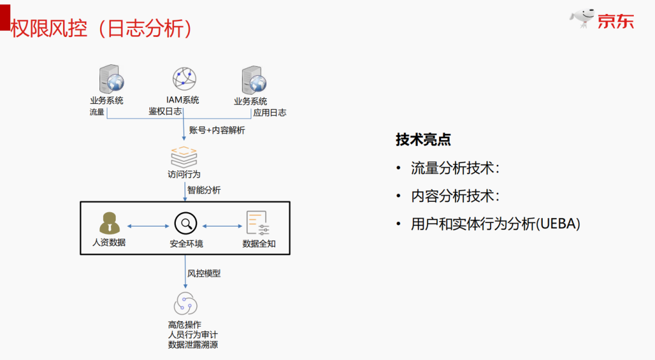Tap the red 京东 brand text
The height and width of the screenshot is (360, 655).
(x=616, y=22)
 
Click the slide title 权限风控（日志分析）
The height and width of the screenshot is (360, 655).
(x=102, y=28)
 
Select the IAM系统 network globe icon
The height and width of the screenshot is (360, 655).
(x=185, y=79)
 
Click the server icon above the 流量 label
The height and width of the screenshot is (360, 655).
(x=111, y=80)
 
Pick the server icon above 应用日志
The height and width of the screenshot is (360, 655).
(x=252, y=80)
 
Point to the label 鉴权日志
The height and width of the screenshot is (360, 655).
(x=165, y=112)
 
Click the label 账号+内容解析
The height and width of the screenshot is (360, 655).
(x=217, y=130)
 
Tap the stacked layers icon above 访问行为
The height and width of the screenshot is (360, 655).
(x=184, y=156)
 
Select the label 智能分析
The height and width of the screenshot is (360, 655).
(x=204, y=190)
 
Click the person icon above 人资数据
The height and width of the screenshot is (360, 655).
(x=110, y=224)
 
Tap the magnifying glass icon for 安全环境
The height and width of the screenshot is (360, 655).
(x=186, y=224)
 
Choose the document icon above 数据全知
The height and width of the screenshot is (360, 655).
(x=257, y=224)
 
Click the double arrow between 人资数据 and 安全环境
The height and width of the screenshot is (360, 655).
(x=147, y=227)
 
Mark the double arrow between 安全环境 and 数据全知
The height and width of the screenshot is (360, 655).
(x=222, y=227)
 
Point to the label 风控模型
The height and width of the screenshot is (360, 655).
(x=204, y=273)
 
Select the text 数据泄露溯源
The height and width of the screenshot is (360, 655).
(x=193, y=345)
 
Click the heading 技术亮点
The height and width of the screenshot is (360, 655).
(x=423, y=139)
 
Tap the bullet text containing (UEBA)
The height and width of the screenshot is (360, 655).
(x=495, y=224)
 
